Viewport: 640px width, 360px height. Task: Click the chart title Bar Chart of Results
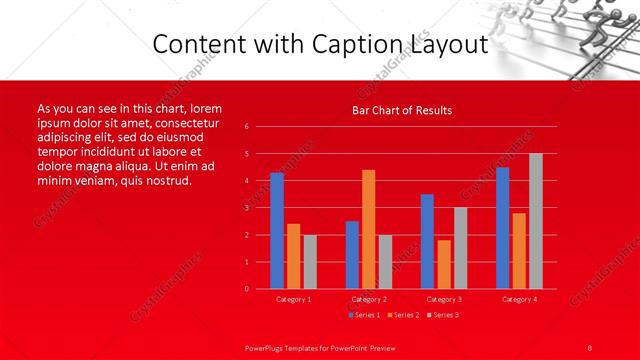coord(402,110)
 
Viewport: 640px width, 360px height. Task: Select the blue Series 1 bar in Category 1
coord(277,230)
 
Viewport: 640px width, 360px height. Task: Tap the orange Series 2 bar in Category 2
coord(369,229)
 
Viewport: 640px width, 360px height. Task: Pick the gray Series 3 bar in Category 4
coord(536,221)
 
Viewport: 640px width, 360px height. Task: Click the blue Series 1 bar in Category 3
coord(427,241)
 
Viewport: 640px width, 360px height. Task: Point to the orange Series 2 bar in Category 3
coord(444,264)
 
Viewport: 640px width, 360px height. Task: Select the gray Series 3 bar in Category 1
coord(310,261)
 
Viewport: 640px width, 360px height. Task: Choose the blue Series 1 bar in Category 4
coord(502,227)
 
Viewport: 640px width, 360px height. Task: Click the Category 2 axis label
coord(368,299)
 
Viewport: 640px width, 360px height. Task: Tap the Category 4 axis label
coord(519,299)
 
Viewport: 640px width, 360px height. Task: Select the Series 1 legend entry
coord(364,315)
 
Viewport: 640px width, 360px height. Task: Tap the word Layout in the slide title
coord(445,43)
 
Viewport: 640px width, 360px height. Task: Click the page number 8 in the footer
coord(590,346)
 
